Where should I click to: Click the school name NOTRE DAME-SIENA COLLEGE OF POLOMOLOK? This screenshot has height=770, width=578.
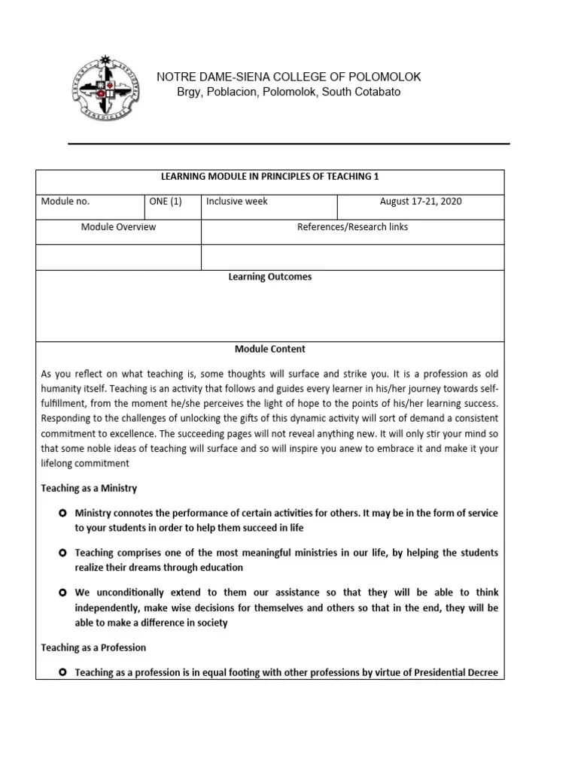coord(288,77)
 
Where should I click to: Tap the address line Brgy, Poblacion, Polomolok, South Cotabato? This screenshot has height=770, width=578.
coord(288,92)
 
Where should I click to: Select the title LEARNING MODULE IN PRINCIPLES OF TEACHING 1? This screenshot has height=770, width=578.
coord(269,177)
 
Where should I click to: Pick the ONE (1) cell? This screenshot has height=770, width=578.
coord(165,202)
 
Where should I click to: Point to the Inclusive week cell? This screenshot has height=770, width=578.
coord(237,202)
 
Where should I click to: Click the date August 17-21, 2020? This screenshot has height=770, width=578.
coord(421,202)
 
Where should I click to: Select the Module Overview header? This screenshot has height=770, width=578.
coord(118,227)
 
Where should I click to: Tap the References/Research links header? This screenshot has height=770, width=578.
coord(352,227)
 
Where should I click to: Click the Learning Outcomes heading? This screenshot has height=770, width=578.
coord(269,277)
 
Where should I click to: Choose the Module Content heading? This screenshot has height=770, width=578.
coord(269,349)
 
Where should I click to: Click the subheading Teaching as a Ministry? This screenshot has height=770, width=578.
coord(89,488)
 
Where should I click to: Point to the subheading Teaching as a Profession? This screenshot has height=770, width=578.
coord(93,647)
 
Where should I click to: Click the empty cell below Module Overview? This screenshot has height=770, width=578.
coord(118,256)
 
